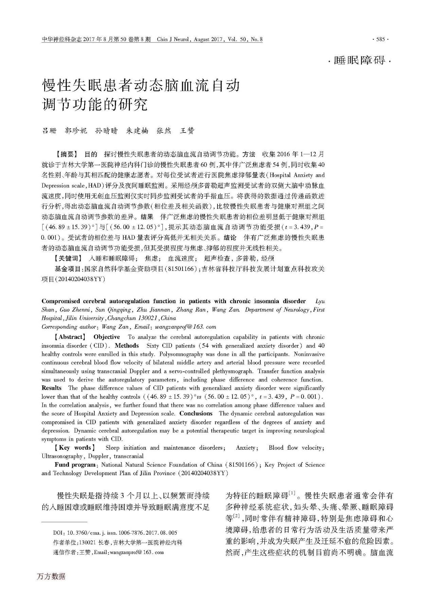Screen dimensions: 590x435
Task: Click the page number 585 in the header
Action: point(381,40)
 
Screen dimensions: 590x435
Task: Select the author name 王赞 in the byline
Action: point(187,131)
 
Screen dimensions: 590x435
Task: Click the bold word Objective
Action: point(107,337)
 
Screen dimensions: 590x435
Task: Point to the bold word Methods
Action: point(127,346)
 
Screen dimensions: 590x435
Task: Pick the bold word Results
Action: point(52,388)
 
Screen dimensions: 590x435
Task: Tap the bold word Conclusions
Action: point(196,414)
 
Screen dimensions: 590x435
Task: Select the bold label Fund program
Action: point(75,465)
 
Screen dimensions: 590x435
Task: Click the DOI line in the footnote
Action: point(115,533)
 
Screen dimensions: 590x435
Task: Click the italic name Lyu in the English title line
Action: point(320,301)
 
